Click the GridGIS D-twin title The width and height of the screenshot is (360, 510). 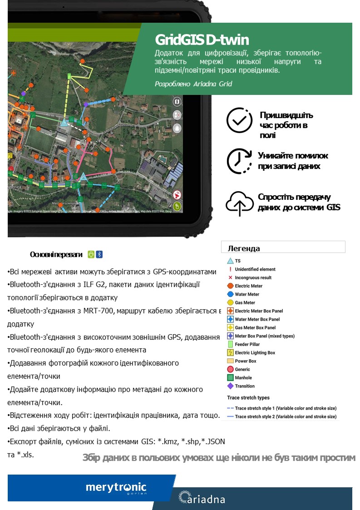(202, 40)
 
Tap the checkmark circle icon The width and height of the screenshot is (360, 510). (239, 120)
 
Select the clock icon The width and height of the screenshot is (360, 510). (239, 161)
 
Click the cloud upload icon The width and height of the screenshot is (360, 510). (239, 203)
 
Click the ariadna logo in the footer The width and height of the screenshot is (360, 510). (202, 498)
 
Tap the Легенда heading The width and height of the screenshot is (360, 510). (244, 248)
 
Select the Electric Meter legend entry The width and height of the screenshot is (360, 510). (248, 286)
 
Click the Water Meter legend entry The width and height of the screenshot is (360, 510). (247, 294)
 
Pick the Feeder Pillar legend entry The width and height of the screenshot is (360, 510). (247, 344)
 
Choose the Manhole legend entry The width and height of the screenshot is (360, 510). (243, 377)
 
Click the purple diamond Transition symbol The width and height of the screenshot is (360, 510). (230, 386)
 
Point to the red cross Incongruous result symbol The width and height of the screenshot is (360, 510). (230, 277)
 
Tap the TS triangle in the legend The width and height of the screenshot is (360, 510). (230, 261)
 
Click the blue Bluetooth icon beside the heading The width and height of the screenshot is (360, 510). (99, 254)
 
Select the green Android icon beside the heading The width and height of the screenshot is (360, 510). (91, 254)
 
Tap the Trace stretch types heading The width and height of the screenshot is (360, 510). (248, 398)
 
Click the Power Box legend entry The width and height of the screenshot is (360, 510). (246, 361)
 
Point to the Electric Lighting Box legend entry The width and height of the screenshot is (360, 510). (255, 352)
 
